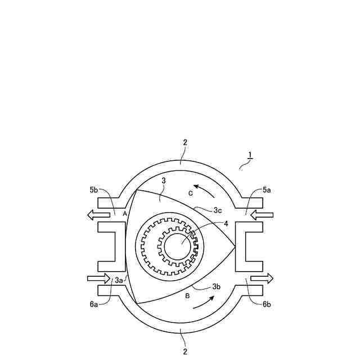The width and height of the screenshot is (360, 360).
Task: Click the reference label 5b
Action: point(94,190)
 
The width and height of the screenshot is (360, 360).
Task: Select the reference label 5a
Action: point(267,190)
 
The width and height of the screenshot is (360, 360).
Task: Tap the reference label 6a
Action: point(94,304)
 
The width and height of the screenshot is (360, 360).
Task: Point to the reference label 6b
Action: point(267,304)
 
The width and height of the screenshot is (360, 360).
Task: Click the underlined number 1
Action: point(250,155)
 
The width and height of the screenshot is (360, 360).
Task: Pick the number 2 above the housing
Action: point(185,142)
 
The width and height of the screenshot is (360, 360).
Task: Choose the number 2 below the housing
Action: point(185,352)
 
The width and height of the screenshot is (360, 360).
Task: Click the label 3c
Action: point(218,210)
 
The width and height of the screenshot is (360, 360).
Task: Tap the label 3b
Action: point(216,286)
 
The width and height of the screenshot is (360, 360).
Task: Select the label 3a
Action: point(119,280)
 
